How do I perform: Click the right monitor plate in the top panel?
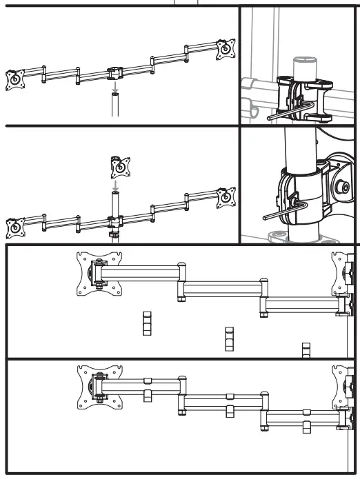223,48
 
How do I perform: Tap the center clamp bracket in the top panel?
114,72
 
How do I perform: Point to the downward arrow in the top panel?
115,88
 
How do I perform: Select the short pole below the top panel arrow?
115,108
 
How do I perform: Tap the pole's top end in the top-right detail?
305,62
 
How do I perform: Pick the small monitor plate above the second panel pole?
119,166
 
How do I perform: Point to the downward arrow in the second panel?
116,185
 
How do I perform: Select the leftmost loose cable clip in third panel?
146,323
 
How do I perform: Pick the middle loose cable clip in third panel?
229,338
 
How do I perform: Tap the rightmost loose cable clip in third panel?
306,350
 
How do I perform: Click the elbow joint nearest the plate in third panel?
181,280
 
